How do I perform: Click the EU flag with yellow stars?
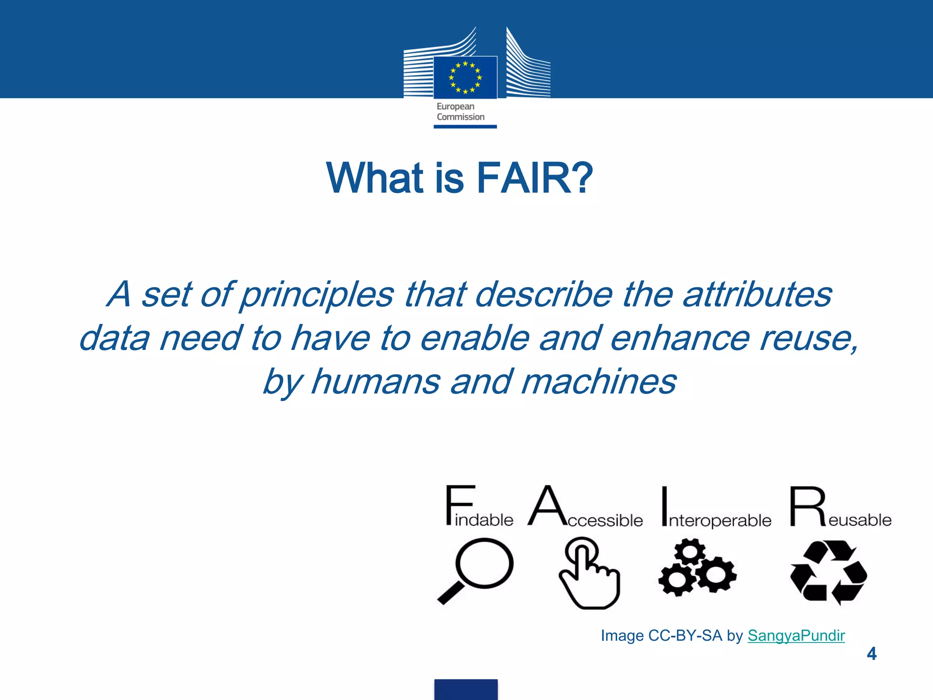click(x=465, y=77)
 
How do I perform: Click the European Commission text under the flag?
click(x=460, y=112)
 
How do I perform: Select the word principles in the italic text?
click(x=316, y=295)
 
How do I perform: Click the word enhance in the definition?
click(x=679, y=338)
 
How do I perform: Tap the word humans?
click(x=375, y=382)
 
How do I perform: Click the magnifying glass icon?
click(x=476, y=570)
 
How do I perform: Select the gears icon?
click(x=697, y=567)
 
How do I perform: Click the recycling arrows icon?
click(x=828, y=572)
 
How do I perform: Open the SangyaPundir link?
click(x=796, y=635)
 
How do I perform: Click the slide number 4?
click(x=871, y=654)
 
